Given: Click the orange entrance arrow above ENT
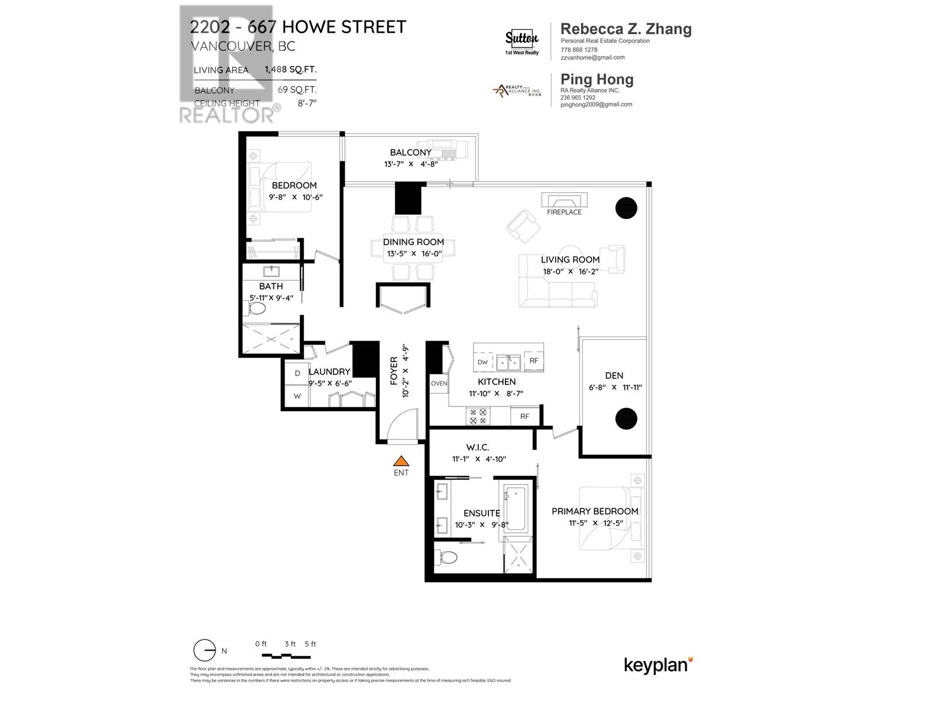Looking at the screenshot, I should click(401, 461).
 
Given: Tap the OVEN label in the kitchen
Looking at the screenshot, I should click(439, 384).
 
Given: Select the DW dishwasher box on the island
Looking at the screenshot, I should click(483, 362).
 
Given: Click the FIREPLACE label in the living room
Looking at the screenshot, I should click(564, 212).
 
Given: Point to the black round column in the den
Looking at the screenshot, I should click(626, 418).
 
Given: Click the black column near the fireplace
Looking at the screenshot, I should click(626, 207).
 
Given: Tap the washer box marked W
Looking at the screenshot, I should click(297, 396).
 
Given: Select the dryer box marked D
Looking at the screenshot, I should click(297, 373).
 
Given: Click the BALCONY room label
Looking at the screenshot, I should click(411, 152).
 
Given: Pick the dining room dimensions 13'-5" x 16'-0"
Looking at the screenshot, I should click(414, 254).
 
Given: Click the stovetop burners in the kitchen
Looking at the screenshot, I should click(477, 416).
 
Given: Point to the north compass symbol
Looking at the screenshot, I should click(205, 651).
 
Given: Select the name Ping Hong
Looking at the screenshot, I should click(597, 80).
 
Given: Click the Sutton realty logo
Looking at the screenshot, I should click(521, 40).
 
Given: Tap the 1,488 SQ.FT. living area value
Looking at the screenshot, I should click(290, 69).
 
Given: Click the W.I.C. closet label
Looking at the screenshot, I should click(477, 448).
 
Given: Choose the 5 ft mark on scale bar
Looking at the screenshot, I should click(310, 644).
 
